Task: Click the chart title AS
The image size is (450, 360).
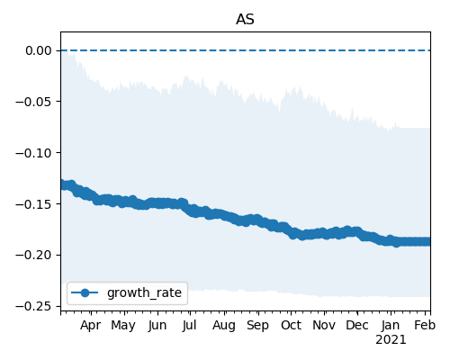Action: coord(245,20)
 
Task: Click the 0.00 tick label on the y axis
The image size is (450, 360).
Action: coord(39,50)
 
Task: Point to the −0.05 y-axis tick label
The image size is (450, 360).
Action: coord(33,102)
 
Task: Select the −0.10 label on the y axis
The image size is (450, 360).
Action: coord(33,153)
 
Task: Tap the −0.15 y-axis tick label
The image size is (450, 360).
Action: coord(33,204)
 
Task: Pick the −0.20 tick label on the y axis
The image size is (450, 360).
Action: coord(33,256)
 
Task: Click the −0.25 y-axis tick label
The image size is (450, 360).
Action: coord(33,307)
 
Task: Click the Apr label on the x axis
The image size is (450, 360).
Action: coord(91,326)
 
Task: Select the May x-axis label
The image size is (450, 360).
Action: coord(123,326)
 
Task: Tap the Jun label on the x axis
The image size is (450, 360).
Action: coord(157,326)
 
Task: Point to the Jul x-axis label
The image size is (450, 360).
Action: coord(190,326)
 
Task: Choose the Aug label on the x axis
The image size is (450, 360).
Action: coord(224,326)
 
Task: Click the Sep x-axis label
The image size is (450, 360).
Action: coord(257,326)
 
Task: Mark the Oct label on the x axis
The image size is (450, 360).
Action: coord(291,326)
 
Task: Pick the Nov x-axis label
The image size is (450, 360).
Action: coord(324,326)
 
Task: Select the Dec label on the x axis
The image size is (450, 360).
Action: coord(357,326)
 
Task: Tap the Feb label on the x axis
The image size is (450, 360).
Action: coord(425,326)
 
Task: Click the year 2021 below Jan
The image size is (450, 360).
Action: coord(391,340)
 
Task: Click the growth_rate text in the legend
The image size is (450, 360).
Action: coord(144,293)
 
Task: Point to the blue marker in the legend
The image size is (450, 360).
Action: coord(85,292)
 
